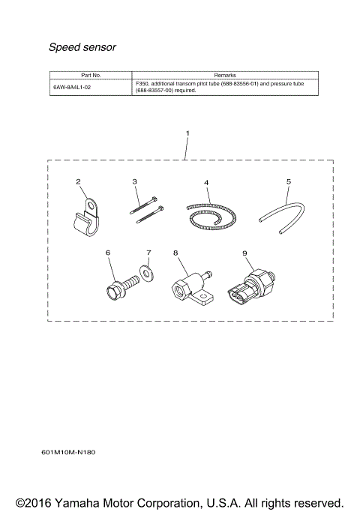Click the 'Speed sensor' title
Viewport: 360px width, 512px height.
[x=82, y=47]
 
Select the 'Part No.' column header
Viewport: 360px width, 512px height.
[x=91, y=76]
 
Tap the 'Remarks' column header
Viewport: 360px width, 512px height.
[x=224, y=76]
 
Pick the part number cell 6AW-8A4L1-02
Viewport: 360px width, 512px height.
[x=72, y=87]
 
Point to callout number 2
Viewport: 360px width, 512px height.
[x=78, y=181]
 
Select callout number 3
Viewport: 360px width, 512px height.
[x=135, y=181]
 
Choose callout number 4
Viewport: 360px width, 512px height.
[x=206, y=182]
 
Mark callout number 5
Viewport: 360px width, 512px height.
[x=288, y=181]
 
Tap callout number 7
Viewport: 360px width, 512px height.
[x=148, y=253]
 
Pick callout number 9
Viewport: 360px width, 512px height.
[x=244, y=253]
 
